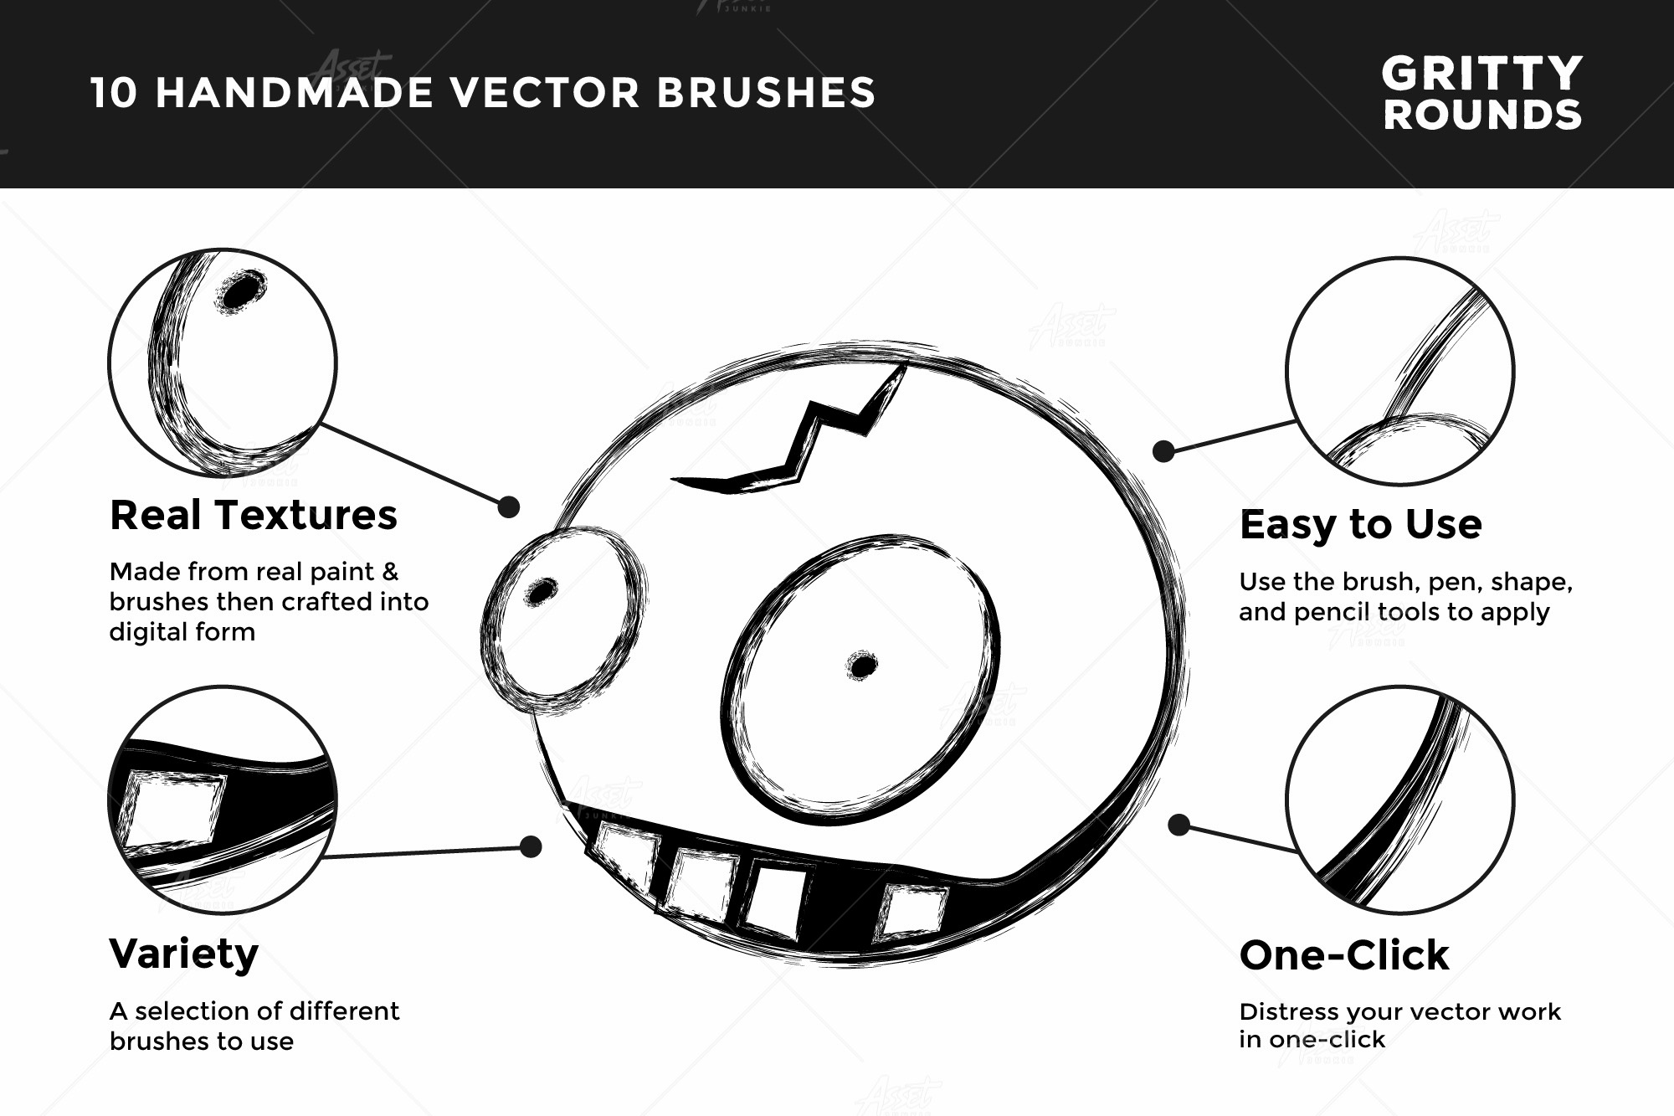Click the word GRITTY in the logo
click(1481, 74)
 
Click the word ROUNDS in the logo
click(1482, 116)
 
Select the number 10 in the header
click(114, 93)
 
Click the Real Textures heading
click(254, 515)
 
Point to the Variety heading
click(184, 954)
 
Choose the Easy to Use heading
click(1360, 525)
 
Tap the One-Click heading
click(1344, 955)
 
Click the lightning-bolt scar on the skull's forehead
click(804, 435)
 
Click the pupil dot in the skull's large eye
click(861, 666)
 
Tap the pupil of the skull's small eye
click(541, 590)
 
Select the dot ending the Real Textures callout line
click(508, 507)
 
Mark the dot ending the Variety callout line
click(531, 846)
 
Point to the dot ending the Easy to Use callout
click(1163, 451)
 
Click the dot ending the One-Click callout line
click(1178, 825)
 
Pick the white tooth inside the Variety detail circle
click(174, 807)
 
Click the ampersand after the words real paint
click(389, 572)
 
